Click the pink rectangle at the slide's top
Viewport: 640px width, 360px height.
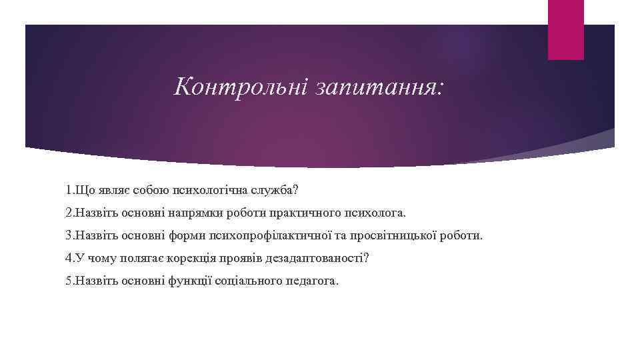pyautogui.click(x=565, y=29)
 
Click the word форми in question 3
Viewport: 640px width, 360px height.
pyautogui.click(x=189, y=235)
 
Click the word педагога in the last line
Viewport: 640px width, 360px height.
pyautogui.click(x=313, y=281)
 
